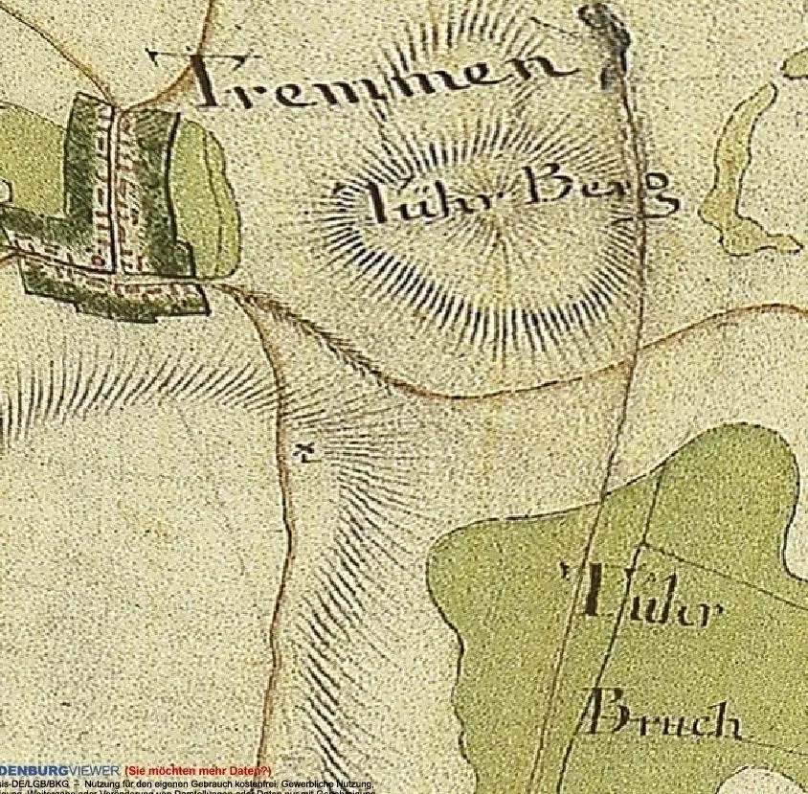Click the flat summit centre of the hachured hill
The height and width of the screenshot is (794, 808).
pyautogui.click(x=498, y=235)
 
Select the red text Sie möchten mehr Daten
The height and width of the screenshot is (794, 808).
pyautogui.click(x=198, y=771)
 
